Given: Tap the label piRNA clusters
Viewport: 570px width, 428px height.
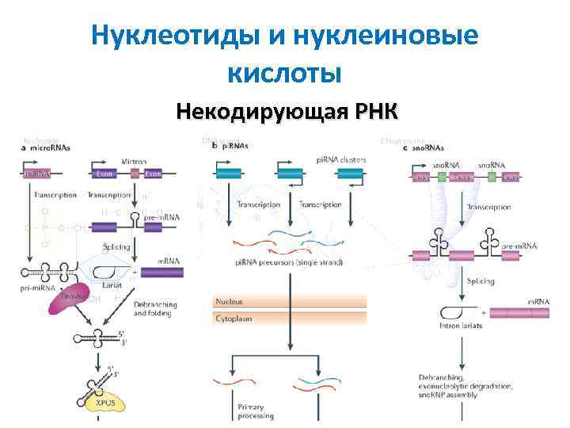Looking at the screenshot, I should pyautogui.click(x=341, y=159).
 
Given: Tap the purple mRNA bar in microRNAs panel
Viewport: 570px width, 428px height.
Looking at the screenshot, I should pyautogui.click(x=161, y=272).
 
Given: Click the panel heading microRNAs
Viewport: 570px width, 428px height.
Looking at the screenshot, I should pyautogui.click(x=49, y=147).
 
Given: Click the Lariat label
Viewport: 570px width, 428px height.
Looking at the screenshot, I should pyautogui.click(x=113, y=281).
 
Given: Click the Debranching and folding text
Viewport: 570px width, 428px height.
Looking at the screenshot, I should pyautogui.click(x=157, y=308).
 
